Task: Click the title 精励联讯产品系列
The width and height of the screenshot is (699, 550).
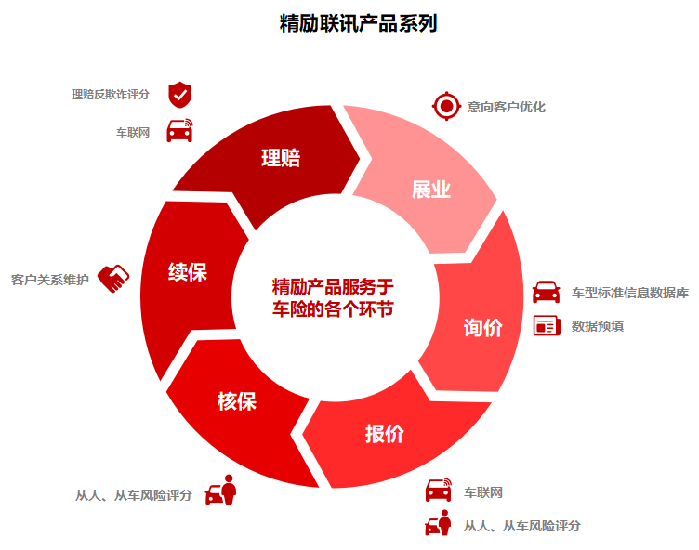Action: (358, 23)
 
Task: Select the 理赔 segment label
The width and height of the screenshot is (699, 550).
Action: (280, 157)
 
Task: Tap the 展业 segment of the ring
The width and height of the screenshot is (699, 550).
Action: (430, 190)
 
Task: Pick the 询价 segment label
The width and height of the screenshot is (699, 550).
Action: (482, 327)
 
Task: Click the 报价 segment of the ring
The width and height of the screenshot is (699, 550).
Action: (384, 433)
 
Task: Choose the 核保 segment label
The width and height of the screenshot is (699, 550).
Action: (236, 400)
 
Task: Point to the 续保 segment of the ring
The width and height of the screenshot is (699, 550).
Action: (187, 271)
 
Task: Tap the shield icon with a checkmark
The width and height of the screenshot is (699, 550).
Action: (179, 94)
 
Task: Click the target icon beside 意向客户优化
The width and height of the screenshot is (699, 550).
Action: (446, 107)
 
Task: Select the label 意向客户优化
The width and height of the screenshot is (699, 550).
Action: (507, 107)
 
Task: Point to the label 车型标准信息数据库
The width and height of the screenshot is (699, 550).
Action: (629, 293)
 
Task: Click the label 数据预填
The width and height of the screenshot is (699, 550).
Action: (597, 326)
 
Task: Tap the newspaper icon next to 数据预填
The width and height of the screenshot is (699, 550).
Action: (546, 326)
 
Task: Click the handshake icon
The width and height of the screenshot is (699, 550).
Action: (113, 278)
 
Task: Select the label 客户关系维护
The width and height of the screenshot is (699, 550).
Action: (50, 279)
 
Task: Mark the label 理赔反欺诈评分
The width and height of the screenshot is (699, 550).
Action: (111, 94)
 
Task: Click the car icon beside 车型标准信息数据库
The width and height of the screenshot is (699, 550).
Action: (546, 292)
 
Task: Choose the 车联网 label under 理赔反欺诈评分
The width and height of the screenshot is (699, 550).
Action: (133, 132)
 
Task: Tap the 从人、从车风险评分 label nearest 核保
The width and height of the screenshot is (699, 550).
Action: (134, 495)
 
